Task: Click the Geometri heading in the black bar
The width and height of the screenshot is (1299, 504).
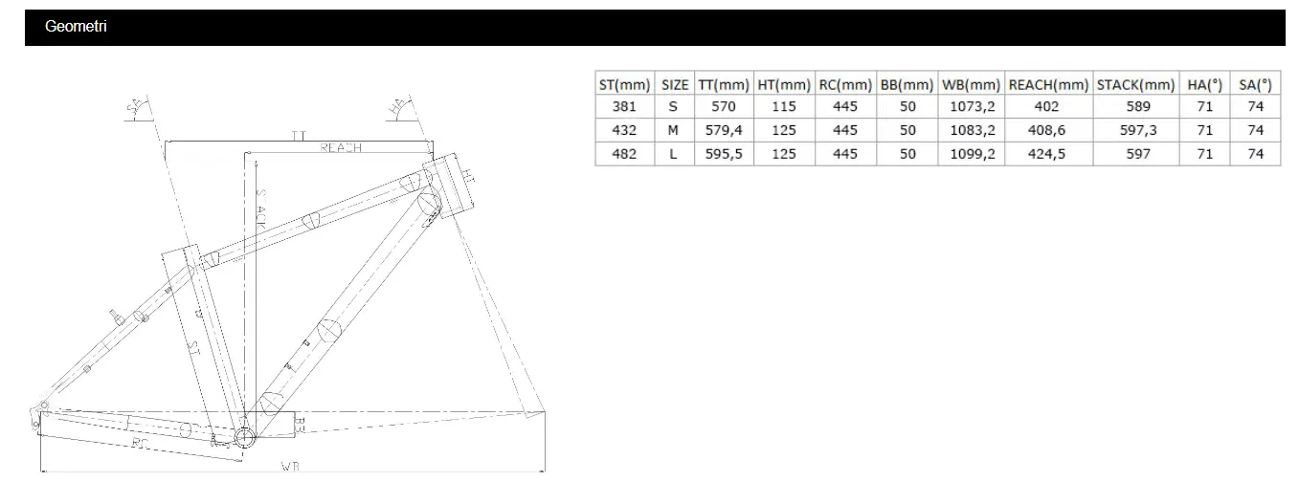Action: click(x=76, y=27)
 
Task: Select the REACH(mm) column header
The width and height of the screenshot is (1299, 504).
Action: click(x=1047, y=84)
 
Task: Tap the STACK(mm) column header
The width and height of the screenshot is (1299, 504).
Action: click(x=1135, y=84)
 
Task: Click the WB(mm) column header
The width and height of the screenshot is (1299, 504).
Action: click(x=971, y=84)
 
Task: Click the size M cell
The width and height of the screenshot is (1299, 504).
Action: click(x=674, y=130)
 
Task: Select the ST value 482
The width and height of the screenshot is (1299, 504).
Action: click(x=623, y=154)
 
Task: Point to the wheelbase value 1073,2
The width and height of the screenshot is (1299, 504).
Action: click(x=971, y=107)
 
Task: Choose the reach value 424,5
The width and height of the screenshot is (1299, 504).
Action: click(x=1047, y=154)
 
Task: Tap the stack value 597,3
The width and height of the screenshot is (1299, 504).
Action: click(x=1135, y=130)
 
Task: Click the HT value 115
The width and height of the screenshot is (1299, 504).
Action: click(x=784, y=107)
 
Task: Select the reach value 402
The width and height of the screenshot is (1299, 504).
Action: click(x=1047, y=107)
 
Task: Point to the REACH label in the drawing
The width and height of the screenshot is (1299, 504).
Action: click(x=340, y=147)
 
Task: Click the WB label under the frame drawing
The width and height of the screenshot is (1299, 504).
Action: click(x=290, y=466)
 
